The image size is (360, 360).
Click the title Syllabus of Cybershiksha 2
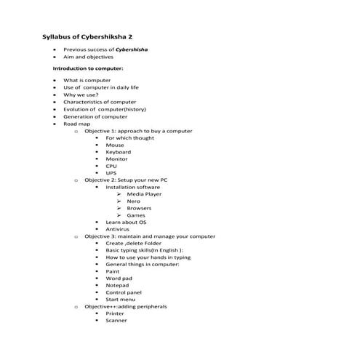tap(88, 36)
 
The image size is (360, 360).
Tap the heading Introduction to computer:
tap(88, 68)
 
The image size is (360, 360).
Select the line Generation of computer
tap(95, 116)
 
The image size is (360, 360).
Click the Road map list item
tap(76, 124)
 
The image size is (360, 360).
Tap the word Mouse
tap(115, 145)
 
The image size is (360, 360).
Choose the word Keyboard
tap(118, 152)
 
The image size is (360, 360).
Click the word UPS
tap(111, 173)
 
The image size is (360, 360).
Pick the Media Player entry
tap(144, 194)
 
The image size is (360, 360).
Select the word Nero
tap(134, 201)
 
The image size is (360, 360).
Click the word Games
tap(136, 215)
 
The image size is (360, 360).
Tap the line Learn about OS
tap(126, 222)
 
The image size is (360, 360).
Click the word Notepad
tap(117, 285)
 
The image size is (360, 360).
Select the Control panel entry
tap(123, 292)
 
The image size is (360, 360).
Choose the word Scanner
tap(116, 320)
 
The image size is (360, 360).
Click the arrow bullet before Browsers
tap(118, 208)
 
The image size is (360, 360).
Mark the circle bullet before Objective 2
tap(76, 180)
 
